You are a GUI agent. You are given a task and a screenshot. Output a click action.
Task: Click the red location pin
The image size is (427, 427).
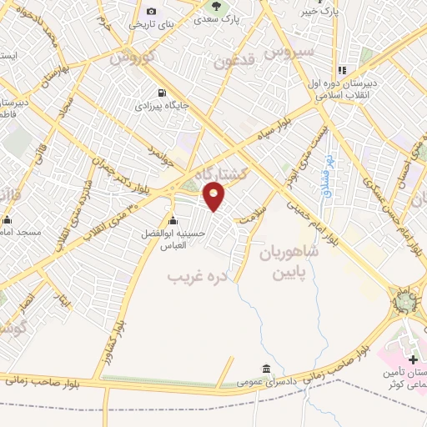point(215,195)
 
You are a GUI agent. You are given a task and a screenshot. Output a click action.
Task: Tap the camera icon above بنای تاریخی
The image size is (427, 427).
point(151,11)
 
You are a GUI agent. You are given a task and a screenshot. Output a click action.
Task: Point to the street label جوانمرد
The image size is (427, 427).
point(163,154)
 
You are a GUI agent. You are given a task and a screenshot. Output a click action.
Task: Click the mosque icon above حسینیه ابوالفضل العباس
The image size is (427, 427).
point(173,220)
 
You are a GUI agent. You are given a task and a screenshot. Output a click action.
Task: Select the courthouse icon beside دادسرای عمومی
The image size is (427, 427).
point(265,369)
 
